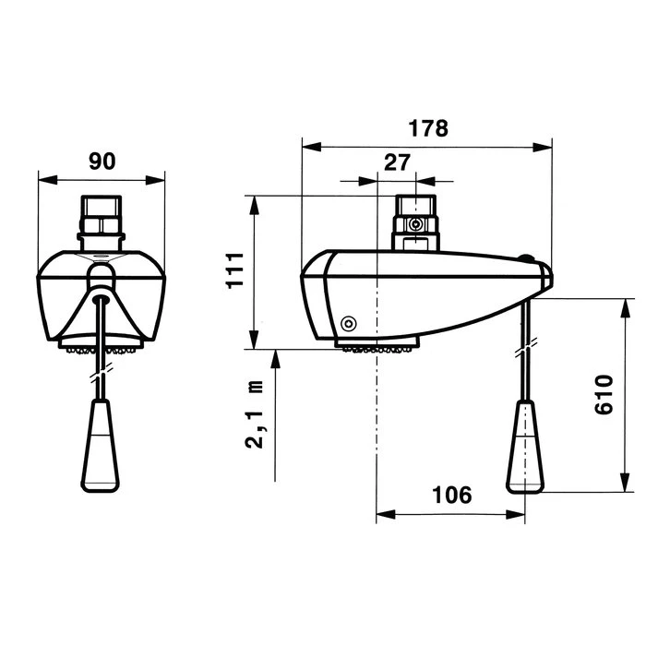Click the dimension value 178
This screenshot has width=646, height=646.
[x=429, y=128]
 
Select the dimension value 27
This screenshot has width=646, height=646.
[x=397, y=163]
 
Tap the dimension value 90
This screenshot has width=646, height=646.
[x=102, y=161]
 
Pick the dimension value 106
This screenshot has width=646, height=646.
[x=451, y=496]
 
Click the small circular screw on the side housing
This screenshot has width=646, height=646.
[x=348, y=323]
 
